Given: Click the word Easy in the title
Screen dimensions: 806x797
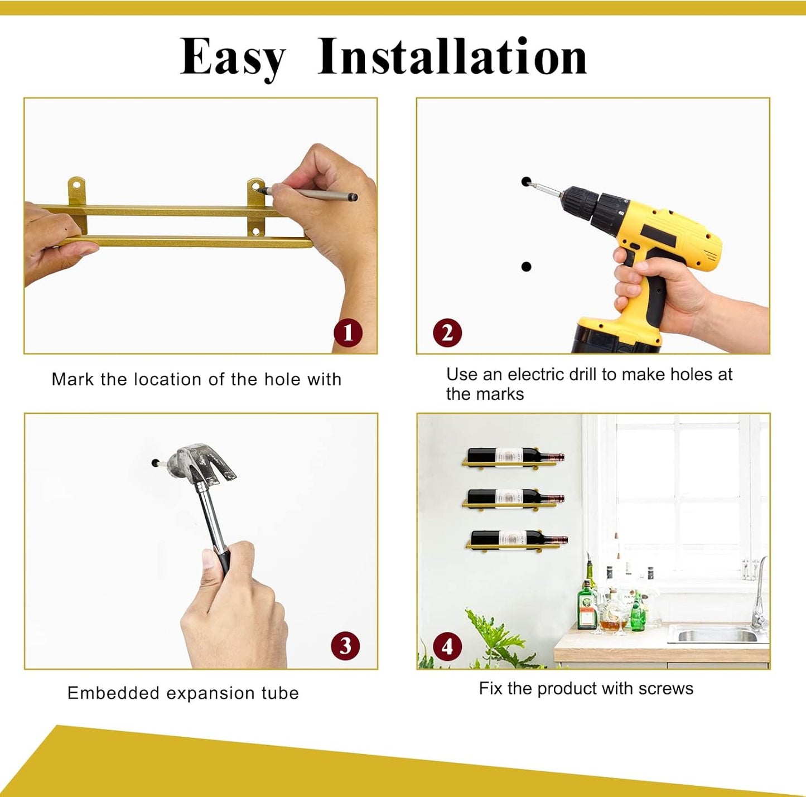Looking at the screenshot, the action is pos(233,58).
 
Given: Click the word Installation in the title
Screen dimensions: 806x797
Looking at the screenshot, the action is pos(452,56).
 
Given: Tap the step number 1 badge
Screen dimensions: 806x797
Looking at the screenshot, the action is pos(348,333).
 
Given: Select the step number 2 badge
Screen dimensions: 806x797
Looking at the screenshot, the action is pos(447,333).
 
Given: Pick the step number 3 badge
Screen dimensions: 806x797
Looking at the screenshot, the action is pos(345,645).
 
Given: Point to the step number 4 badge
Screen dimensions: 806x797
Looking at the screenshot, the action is pos(447,647).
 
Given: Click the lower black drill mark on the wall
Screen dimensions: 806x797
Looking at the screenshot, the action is pos(526,267).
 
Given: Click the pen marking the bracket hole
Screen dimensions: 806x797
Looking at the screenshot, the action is pos(307,194).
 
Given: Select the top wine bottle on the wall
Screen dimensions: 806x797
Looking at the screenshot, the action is pos(515,455).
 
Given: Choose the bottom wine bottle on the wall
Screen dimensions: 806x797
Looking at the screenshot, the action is pos(519,538).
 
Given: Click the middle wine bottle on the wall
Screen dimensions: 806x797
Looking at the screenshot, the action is pos(515,496).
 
